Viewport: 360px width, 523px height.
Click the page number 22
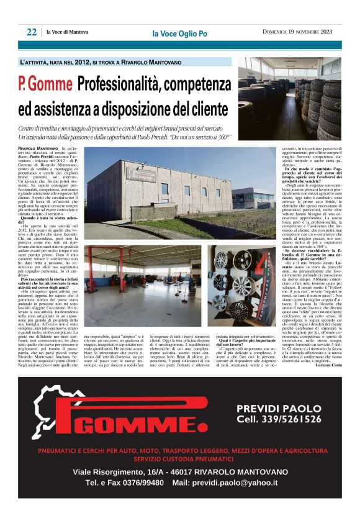[31, 32]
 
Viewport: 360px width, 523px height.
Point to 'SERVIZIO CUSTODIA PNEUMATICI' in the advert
[180, 459]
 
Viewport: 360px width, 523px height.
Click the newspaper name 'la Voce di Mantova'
[69, 33]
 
